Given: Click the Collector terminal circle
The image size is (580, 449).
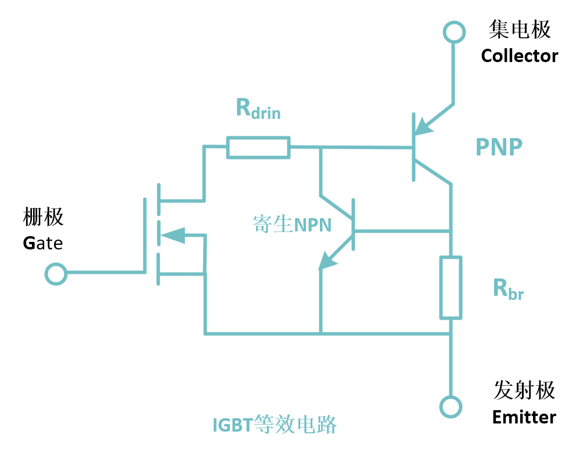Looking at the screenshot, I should coord(453,31).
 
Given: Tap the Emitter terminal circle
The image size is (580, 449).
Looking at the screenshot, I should coord(450,405).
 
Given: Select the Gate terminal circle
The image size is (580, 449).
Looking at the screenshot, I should coord(56,274).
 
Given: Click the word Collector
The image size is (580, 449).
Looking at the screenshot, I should coord(519,56).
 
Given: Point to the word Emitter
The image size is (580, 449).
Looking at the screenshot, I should coord(524,417).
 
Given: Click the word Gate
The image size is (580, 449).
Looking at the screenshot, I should coord(43,242).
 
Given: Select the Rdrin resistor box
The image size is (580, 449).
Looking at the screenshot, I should coord(258,147).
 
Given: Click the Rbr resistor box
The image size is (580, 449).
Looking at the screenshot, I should coord(451,287).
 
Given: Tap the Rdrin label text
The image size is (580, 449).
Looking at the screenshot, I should coord(258,108).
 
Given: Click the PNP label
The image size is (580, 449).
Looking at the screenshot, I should coord(499,147).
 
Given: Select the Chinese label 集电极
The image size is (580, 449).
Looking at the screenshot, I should coord(520,30).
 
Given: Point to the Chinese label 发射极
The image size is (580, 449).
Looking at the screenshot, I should coord(524,390).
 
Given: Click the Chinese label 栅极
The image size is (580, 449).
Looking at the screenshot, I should coord(43,217).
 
